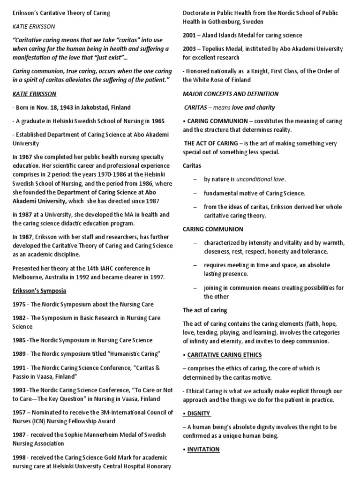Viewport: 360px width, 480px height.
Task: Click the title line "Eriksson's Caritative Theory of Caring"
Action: coord(61,13)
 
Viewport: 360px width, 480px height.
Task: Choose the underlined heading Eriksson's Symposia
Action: coord(39,291)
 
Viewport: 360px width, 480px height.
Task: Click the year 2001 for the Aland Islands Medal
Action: coord(190,35)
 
